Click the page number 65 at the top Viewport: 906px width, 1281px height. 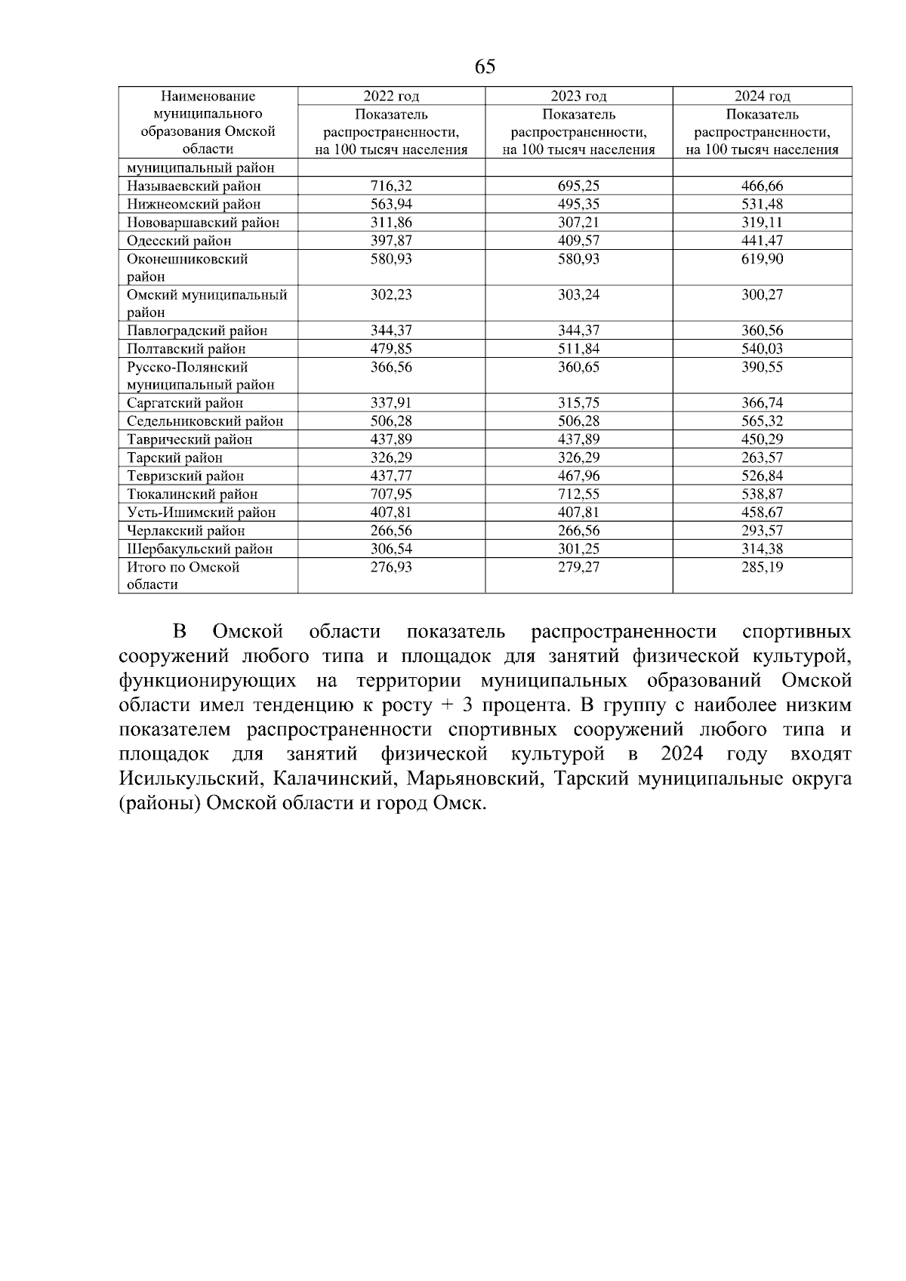(x=485, y=67)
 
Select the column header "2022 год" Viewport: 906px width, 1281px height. (x=391, y=96)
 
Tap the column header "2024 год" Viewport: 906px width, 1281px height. (x=763, y=96)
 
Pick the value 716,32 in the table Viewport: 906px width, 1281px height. (x=391, y=186)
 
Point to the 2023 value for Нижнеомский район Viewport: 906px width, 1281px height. (x=578, y=204)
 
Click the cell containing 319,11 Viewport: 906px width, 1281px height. (x=763, y=222)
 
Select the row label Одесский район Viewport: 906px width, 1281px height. (x=179, y=241)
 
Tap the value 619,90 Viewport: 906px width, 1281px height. (x=763, y=259)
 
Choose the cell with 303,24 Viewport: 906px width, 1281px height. (x=578, y=294)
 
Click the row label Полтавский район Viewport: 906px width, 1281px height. (x=186, y=349)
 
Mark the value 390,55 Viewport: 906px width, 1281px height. (x=763, y=367)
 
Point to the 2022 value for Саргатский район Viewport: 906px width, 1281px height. (x=391, y=403)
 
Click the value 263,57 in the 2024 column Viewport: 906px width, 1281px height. (x=763, y=457)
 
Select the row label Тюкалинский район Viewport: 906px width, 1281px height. (x=193, y=494)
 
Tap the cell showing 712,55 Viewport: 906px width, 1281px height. (x=578, y=494)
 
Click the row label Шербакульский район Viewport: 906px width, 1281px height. (x=199, y=549)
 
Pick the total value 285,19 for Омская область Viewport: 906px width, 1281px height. (x=763, y=567)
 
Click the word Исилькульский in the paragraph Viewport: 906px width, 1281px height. (x=190, y=779)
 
